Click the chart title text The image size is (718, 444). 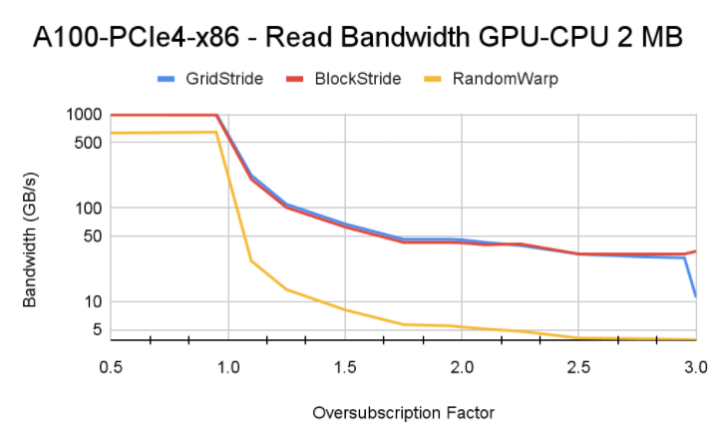pyautogui.click(x=358, y=38)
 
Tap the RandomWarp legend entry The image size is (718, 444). pyautogui.click(x=503, y=79)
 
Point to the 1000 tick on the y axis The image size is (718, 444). pyautogui.click(x=85, y=115)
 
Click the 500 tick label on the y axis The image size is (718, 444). pyautogui.click(x=89, y=143)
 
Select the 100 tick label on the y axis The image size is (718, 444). pyautogui.click(x=89, y=208)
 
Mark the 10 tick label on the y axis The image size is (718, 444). pyautogui.click(x=93, y=301)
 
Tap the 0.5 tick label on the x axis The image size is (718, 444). pyautogui.click(x=111, y=368)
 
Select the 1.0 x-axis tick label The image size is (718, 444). pyautogui.click(x=228, y=368)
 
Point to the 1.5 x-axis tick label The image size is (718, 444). pyautogui.click(x=345, y=368)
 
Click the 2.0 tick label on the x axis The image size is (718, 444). pyautogui.click(x=462, y=368)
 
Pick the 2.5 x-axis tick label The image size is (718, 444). pyautogui.click(x=578, y=368)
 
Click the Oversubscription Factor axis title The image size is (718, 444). pyautogui.click(x=403, y=412)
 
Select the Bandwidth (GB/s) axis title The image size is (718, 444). pyautogui.click(x=31, y=227)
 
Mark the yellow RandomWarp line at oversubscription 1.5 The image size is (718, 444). pyautogui.click(x=345, y=309)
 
